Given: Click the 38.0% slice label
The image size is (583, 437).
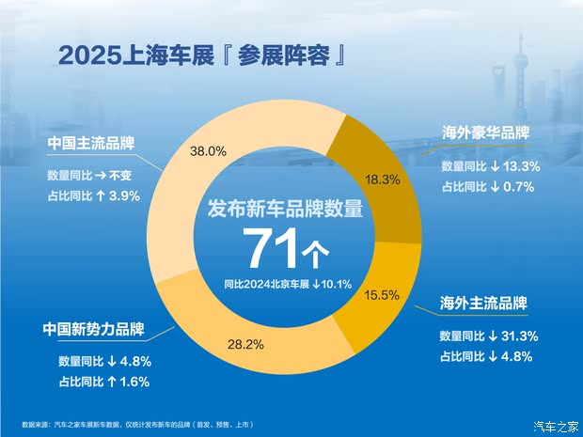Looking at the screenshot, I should tap(210, 150).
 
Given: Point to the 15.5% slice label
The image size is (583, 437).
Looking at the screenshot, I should tap(382, 295).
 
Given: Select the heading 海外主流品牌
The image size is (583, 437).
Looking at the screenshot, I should tap(483, 304).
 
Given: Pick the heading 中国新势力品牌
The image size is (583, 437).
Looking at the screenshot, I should tap(92, 330).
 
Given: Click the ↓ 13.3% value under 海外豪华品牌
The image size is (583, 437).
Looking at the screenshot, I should tap(512, 165).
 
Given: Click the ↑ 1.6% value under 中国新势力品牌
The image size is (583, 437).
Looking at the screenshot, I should tap(125, 381).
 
